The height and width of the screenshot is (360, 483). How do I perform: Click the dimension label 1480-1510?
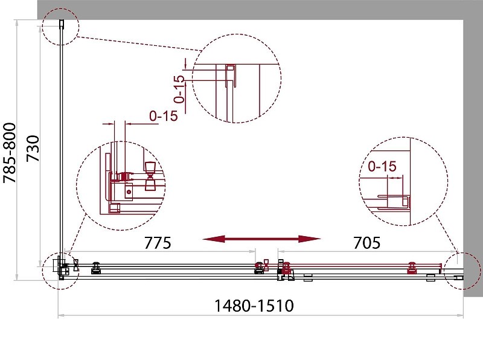[x=254, y=306]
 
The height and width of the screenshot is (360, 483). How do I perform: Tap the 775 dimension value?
[x=158, y=243]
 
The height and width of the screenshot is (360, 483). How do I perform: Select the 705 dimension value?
[x=366, y=243]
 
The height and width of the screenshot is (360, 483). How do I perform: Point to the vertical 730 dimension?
[x=33, y=148]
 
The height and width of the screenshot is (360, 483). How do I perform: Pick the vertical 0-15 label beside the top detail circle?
[x=179, y=89]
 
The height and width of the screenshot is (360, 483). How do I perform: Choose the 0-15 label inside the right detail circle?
[x=382, y=167]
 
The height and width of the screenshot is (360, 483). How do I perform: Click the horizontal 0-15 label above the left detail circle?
[x=164, y=116]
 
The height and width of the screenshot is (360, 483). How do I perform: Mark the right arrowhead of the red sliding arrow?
[x=310, y=239]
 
